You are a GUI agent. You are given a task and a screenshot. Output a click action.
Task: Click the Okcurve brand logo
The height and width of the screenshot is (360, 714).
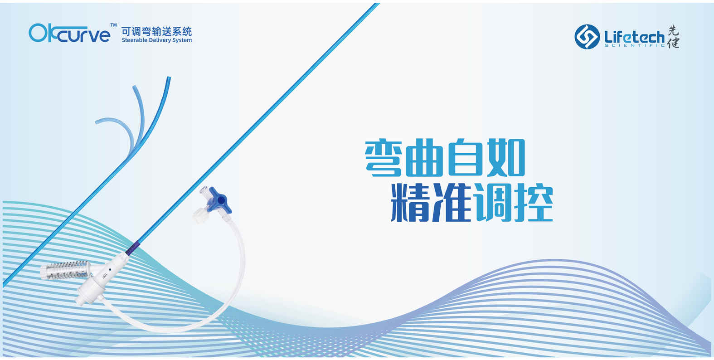pos(69,33)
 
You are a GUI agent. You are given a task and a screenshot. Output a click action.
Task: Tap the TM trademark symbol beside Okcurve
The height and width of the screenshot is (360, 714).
pos(113,25)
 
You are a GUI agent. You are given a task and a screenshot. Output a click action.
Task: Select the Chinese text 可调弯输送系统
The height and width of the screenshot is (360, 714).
pos(156,32)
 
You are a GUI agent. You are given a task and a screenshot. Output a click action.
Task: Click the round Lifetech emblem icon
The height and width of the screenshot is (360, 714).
pos(587,37)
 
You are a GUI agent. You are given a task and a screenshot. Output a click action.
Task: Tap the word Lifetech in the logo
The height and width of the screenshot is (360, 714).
pos(634,38)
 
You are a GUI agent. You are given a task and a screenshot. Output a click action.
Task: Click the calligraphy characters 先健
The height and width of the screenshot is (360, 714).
pos(673,36)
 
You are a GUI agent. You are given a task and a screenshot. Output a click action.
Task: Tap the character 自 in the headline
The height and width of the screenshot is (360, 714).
pos(466,157)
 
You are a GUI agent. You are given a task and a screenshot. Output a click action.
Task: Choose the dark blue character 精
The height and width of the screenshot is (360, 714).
pos(409,203)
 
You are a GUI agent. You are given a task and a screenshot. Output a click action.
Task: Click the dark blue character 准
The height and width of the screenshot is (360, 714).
pos(450,203)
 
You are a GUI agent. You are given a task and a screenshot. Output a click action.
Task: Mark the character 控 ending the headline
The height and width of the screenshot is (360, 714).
pos(534,203)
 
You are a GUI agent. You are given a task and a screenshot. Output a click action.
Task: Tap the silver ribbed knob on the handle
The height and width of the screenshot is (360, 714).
pos(65,270)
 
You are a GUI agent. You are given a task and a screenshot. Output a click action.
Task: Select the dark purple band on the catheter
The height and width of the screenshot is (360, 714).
pos(132,248)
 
